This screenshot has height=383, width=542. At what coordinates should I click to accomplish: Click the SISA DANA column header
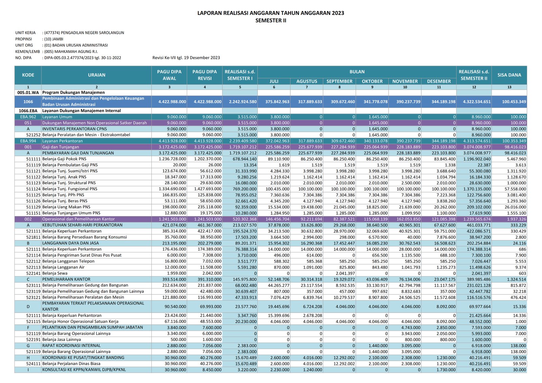(x=509, y=75)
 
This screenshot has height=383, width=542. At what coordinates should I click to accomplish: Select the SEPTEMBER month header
(x=339, y=81)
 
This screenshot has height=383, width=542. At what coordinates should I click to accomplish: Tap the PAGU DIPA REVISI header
(x=205, y=75)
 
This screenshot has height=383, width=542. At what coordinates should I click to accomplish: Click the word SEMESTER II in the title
(x=271, y=21)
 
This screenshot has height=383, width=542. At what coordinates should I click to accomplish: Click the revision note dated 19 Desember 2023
(x=186, y=58)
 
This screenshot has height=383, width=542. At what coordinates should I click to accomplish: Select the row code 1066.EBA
(x=28, y=111)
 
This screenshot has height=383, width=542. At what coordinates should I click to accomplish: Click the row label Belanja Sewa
(x=55, y=273)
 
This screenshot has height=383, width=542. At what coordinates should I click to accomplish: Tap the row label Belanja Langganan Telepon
(x=68, y=261)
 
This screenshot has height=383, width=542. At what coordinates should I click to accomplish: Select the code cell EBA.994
(x=28, y=141)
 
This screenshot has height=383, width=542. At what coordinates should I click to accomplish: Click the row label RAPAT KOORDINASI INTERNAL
(x=71, y=345)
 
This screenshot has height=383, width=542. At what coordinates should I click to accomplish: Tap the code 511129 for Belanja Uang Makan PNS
(x=34, y=207)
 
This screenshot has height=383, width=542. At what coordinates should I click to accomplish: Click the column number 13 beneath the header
(x=509, y=87)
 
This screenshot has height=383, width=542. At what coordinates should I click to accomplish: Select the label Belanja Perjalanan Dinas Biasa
(x=71, y=364)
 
